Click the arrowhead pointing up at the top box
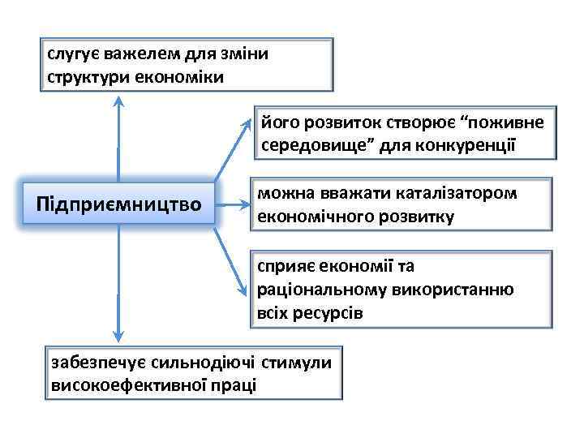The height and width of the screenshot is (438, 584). [120, 101]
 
